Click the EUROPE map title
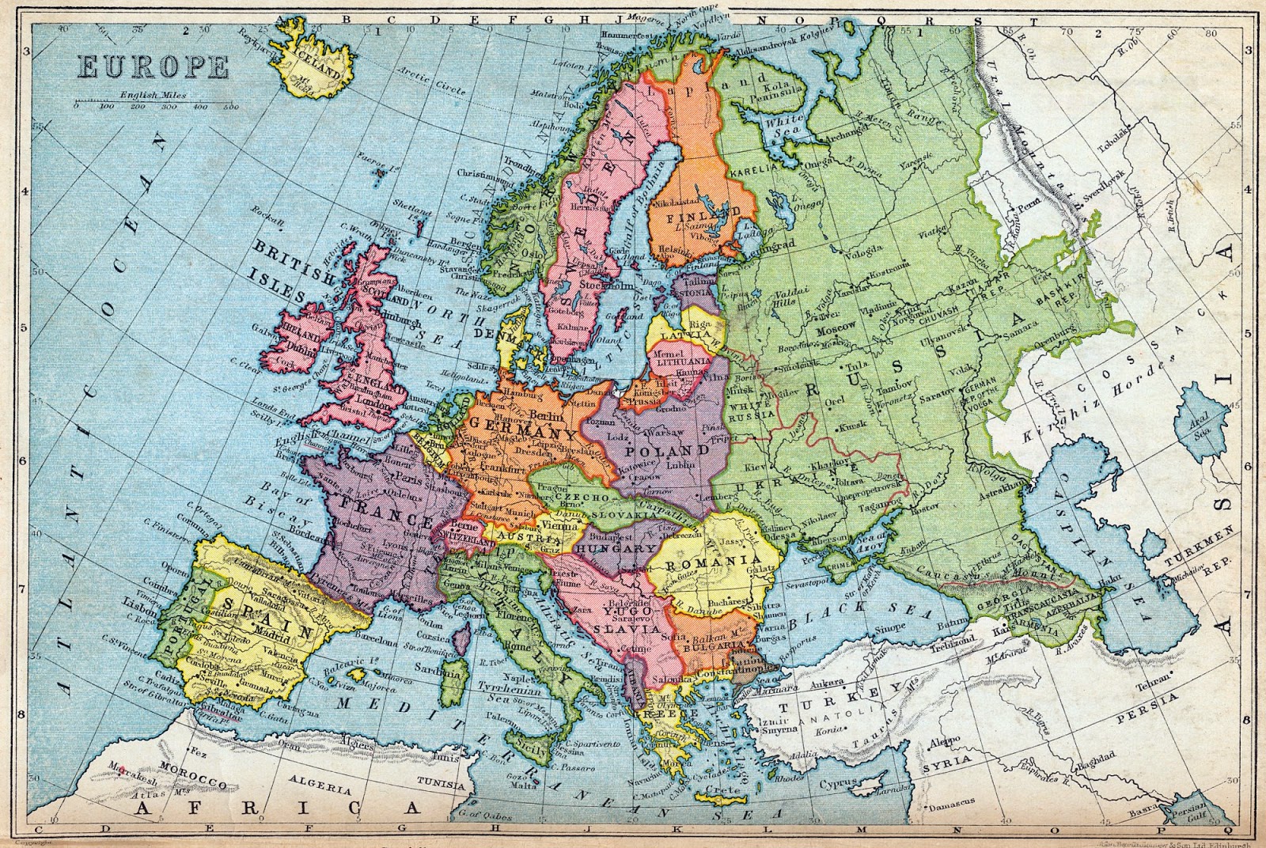tap(153, 66)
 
